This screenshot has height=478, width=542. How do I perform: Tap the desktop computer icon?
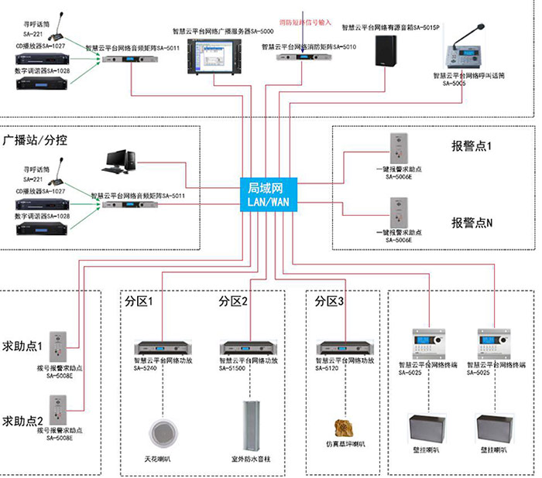pos(121,159)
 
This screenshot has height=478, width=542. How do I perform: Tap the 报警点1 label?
pos(472,146)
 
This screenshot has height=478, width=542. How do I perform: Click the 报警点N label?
pos(472,222)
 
